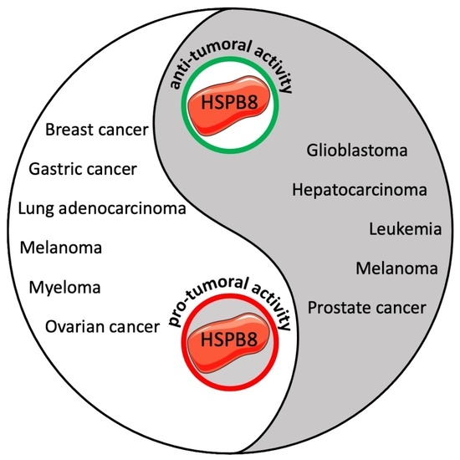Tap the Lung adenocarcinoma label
101,208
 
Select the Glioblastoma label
356,151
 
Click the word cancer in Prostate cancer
401,307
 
